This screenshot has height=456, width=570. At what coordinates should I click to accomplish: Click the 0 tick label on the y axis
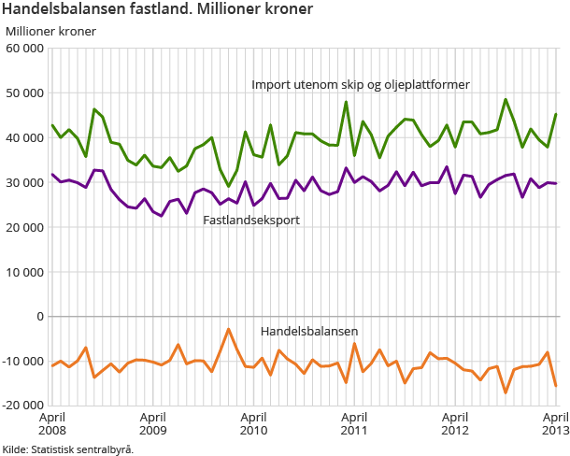coord(38,317)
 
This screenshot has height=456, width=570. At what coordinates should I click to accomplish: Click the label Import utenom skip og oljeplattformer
coord(360,85)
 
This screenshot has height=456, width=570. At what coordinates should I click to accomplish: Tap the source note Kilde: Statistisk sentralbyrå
coord(67,449)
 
